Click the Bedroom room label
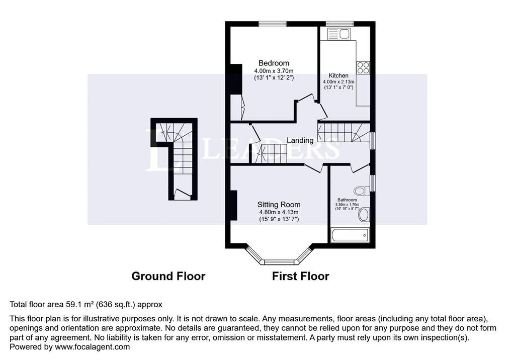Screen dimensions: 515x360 pos(274,63)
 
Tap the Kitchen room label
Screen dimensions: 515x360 pos(338,75)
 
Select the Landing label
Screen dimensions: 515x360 pos(300,141)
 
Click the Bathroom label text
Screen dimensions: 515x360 pos(347,200)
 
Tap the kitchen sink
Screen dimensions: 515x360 pos(338,34)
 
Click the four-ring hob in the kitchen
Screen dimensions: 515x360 pos(363,68)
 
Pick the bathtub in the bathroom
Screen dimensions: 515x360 pos(350,235)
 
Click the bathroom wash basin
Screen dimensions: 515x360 pos(364,215)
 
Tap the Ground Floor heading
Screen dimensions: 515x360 pos(168,276)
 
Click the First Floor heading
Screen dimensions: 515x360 pos(301,276)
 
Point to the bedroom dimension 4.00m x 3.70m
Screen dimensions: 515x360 pos(274,71)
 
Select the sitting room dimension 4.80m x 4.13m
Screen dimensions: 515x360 pos(279,212)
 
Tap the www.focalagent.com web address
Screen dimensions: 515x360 pos(93,347)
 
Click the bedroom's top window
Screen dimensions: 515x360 pos(273,24)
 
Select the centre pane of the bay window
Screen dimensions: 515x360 pos(279,262)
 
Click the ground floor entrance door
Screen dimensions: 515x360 pos(182,194)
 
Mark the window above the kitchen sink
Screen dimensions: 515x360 pos(339,24)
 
